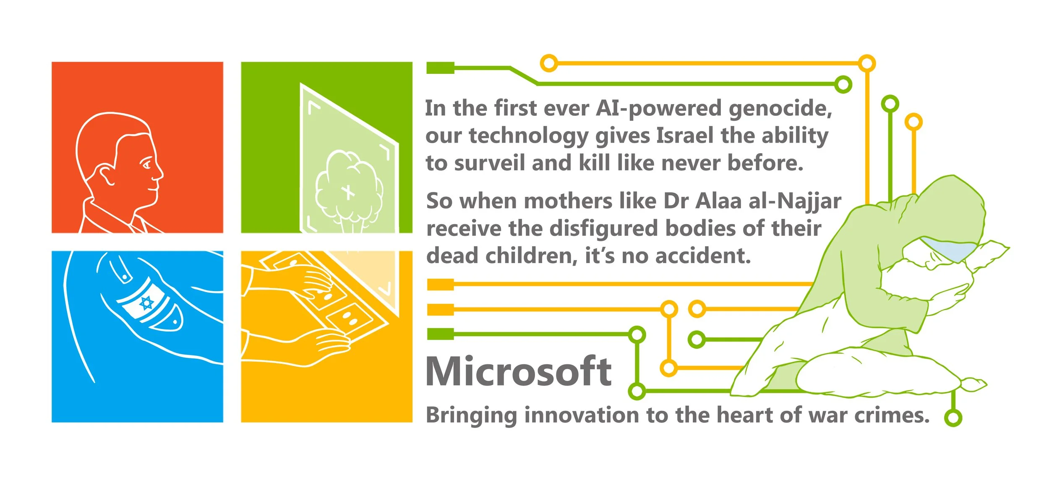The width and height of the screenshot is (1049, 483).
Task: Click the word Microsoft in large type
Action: coord(519,371)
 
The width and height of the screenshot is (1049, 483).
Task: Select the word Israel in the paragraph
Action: coord(684,136)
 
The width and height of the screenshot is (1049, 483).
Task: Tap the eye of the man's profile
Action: coord(146,164)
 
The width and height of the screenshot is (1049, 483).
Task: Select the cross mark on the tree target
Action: coord(348,193)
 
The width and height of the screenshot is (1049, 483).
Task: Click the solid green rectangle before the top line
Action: coord(440,68)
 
